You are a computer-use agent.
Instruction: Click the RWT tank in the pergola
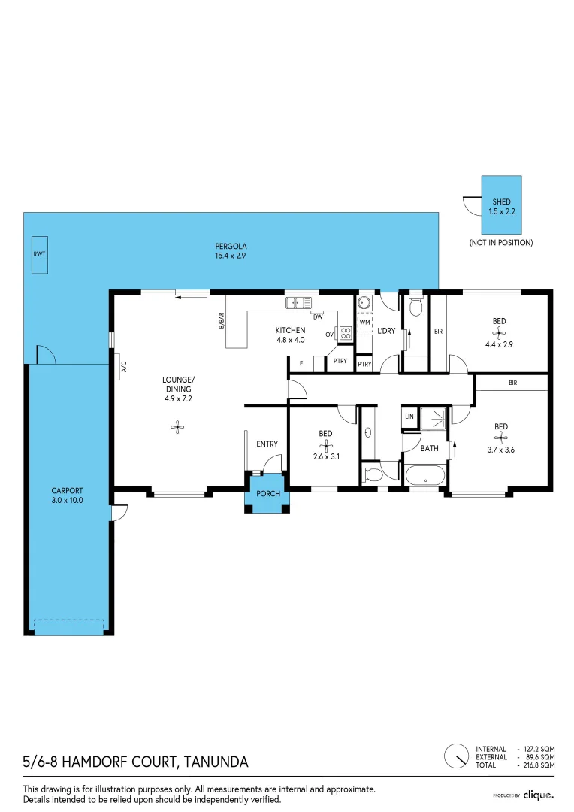[39, 254]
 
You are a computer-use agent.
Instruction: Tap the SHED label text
[501, 201]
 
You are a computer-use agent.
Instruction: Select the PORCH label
[268, 493]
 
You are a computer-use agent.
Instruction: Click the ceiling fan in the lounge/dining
[177, 427]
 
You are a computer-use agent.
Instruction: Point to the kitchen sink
[299, 302]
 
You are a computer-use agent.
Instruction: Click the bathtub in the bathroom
[425, 476]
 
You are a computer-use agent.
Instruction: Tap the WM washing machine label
[364, 322]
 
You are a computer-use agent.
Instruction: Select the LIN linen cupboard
[409, 417]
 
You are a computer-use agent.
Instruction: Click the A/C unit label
[124, 367]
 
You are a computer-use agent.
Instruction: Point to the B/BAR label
[222, 320]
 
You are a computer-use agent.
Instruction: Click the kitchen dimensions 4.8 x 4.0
[290, 340]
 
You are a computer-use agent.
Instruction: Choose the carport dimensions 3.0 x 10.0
[68, 500]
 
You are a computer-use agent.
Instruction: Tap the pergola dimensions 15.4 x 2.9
[231, 256]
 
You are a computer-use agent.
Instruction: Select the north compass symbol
[457, 756]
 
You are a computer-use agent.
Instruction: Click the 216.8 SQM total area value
[539, 765]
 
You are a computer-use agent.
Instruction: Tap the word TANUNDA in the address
[216, 762]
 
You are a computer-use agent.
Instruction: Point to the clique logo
[538, 795]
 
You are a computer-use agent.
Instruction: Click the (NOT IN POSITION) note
[501, 242]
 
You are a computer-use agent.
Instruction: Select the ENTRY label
[267, 444]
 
